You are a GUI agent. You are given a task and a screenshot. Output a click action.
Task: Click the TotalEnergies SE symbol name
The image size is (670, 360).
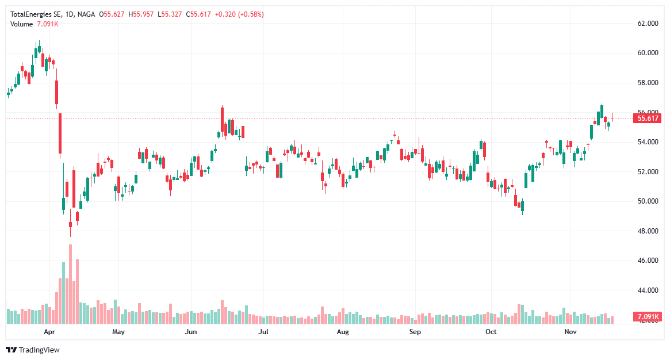coord(36,14)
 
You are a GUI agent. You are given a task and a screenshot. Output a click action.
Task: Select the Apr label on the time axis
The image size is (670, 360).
coord(49,332)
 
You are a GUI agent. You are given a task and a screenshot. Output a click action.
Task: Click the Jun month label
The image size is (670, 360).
coord(191,332)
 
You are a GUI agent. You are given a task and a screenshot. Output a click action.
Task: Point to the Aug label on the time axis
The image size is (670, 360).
coord(343,332)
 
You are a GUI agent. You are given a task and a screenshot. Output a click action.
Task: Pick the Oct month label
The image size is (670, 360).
coord(491,332)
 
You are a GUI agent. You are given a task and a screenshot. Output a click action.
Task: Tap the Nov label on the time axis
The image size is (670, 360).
coord(570,332)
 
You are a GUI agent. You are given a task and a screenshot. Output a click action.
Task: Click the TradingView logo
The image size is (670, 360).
coord(33,350)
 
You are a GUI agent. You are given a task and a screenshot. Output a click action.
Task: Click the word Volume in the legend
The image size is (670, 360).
coord(22,24)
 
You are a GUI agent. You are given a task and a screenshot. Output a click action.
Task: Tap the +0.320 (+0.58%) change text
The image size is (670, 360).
coord(239,14)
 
